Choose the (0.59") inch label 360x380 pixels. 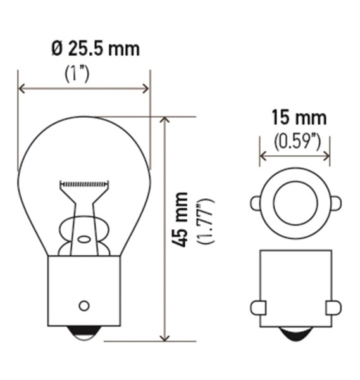[294, 141]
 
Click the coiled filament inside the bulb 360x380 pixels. [84, 184]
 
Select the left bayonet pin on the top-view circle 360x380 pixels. [255, 203]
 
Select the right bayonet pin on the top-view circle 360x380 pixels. [335, 203]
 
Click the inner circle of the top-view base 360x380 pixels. [295, 203]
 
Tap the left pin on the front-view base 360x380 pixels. [258, 307]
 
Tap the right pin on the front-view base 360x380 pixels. [333, 307]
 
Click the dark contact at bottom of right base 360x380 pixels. [295, 334]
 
